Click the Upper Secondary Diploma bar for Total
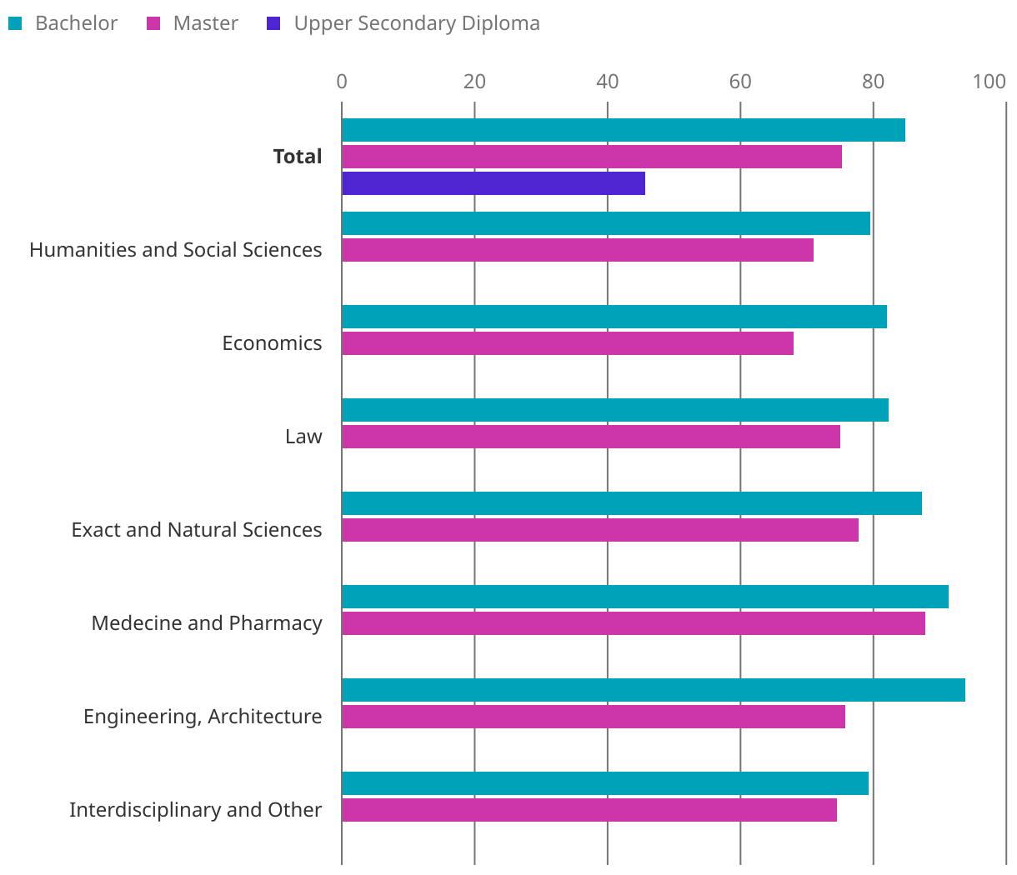coord(493,183)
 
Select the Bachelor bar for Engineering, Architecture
coord(654,690)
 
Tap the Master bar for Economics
coord(568,343)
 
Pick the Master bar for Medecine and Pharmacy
coord(634,623)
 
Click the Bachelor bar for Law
coord(615,410)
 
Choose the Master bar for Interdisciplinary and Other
coord(589,810)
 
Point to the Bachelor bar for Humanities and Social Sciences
coord(606,223)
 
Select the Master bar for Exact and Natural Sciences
coord(600,530)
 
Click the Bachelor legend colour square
coord(15,23)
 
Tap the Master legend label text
coord(205,23)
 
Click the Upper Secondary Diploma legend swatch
coord(273,23)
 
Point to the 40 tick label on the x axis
coord(608,82)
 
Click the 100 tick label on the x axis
coord(989,82)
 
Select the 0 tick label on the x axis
coord(342,82)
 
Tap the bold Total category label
coord(298,157)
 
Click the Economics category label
coord(272,343)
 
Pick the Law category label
coord(303,437)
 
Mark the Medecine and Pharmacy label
coord(207,623)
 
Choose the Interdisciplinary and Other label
coord(195,810)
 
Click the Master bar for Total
coord(592,157)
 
